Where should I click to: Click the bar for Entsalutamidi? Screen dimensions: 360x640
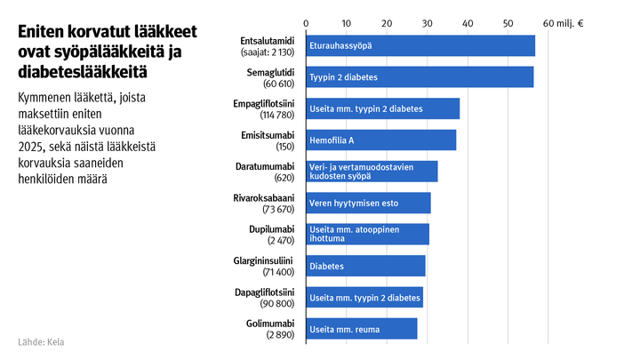[x=420, y=45]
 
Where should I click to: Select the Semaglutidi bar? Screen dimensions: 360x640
[x=419, y=77]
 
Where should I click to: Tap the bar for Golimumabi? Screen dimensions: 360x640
[x=361, y=329]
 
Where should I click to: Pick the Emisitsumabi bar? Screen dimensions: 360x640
[x=380, y=140]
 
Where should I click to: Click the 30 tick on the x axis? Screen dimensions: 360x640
[x=427, y=21]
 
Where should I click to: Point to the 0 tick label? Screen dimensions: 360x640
[x=306, y=21]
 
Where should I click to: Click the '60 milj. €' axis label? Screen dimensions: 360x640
[x=562, y=21]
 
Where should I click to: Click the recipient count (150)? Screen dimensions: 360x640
[x=284, y=147]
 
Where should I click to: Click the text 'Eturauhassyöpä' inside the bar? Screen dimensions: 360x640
[x=340, y=45]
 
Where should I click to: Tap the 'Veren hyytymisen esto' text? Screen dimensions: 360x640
[x=354, y=204]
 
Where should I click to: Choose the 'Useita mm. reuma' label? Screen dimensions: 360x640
[x=344, y=330]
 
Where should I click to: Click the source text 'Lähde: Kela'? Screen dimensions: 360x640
[x=41, y=342]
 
